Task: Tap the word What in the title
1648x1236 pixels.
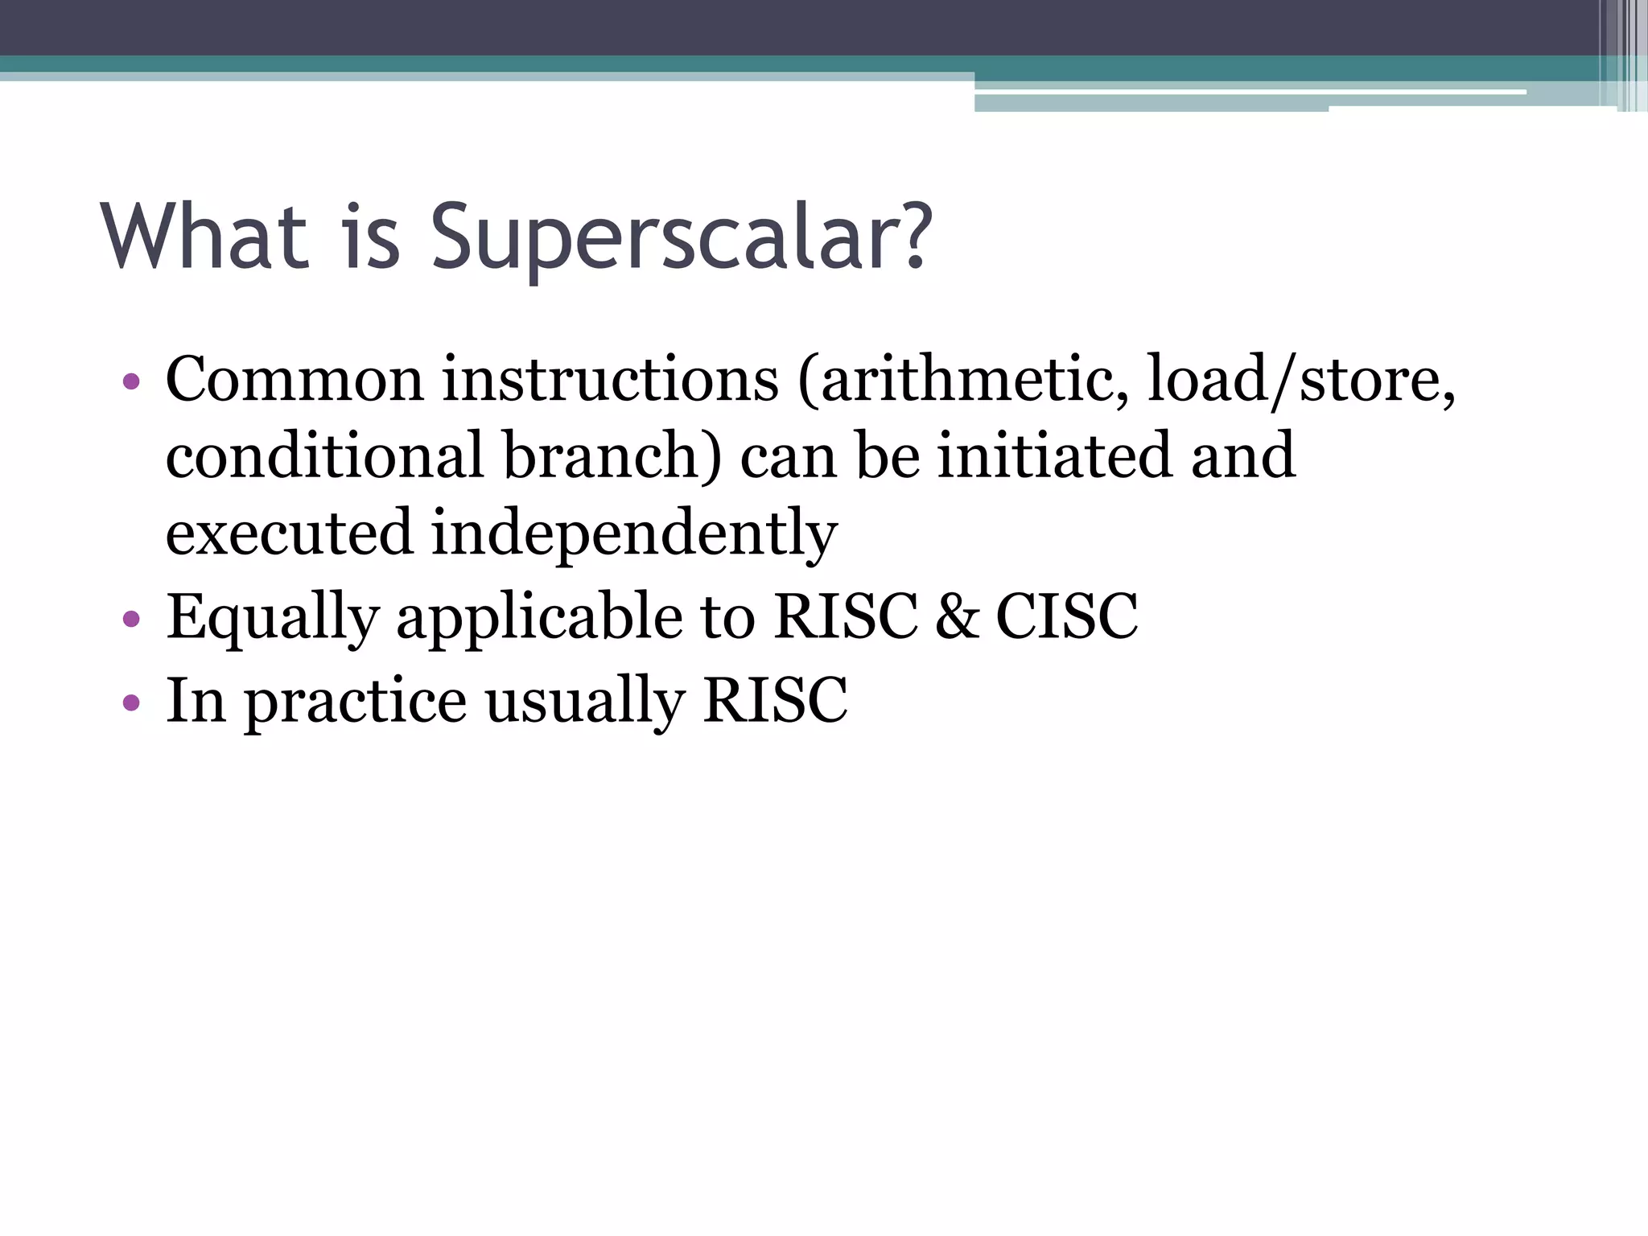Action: pyautogui.click(x=204, y=237)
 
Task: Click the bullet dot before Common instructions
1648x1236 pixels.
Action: pyautogui.click(x=131, y=381)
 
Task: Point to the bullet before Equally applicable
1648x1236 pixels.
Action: pyautogui.click(x=131, y=619)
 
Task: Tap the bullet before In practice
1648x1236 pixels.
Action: pyautogui.click(x=131, y=702)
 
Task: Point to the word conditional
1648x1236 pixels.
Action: pyautogui.click(x=325, y=455)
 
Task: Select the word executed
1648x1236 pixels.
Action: pyautogui.click(x=288, y=533)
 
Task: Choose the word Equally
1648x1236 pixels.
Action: pyautogui.click(x=272, y=618)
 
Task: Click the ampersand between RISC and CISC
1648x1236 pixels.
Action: pyautogui.click(x=957, y=617)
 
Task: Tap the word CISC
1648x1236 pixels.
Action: pyautogui.click(x=1067, y=617)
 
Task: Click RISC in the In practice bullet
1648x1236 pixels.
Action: pyautogui.click(x=775, y=701)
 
